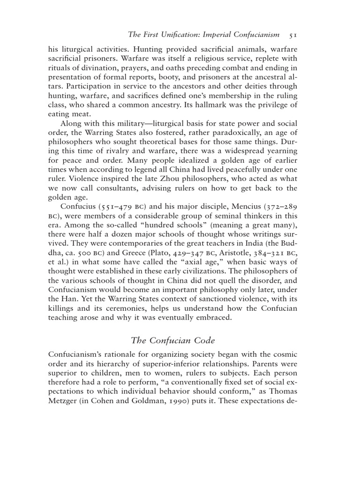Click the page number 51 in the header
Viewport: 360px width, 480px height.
pos(292,34)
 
